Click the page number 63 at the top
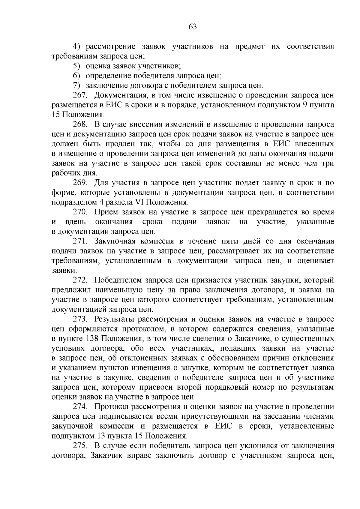pos(193,27)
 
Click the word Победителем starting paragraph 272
pos(118,280)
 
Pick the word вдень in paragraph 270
pos(75,222)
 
